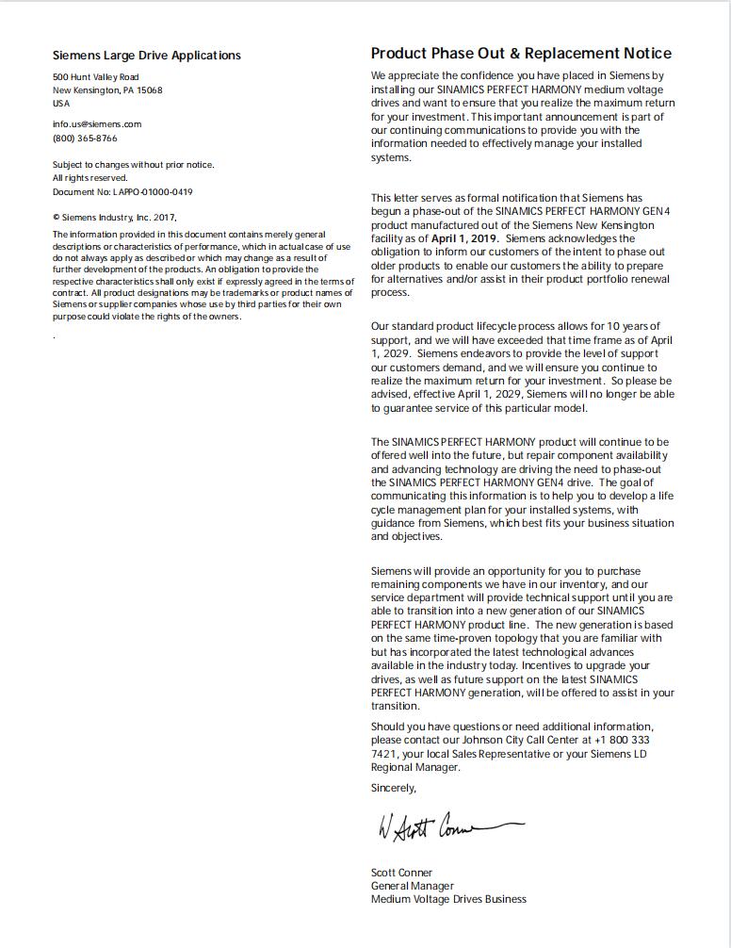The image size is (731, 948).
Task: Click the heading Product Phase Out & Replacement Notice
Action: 521,54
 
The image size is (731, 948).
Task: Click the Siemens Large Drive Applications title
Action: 146,56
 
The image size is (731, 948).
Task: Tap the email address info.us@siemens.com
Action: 97,124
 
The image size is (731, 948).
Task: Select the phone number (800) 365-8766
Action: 85,139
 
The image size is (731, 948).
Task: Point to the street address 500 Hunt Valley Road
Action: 95,77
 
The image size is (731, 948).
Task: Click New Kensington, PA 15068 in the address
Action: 107,90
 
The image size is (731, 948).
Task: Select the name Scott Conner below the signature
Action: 401,873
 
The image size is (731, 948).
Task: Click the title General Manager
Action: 412,886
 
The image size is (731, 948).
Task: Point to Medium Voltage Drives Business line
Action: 448,899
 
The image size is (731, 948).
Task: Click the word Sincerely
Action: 393,788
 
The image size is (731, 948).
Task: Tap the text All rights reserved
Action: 89,178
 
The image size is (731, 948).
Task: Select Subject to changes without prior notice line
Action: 133,165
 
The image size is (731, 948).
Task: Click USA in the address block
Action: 61,104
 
